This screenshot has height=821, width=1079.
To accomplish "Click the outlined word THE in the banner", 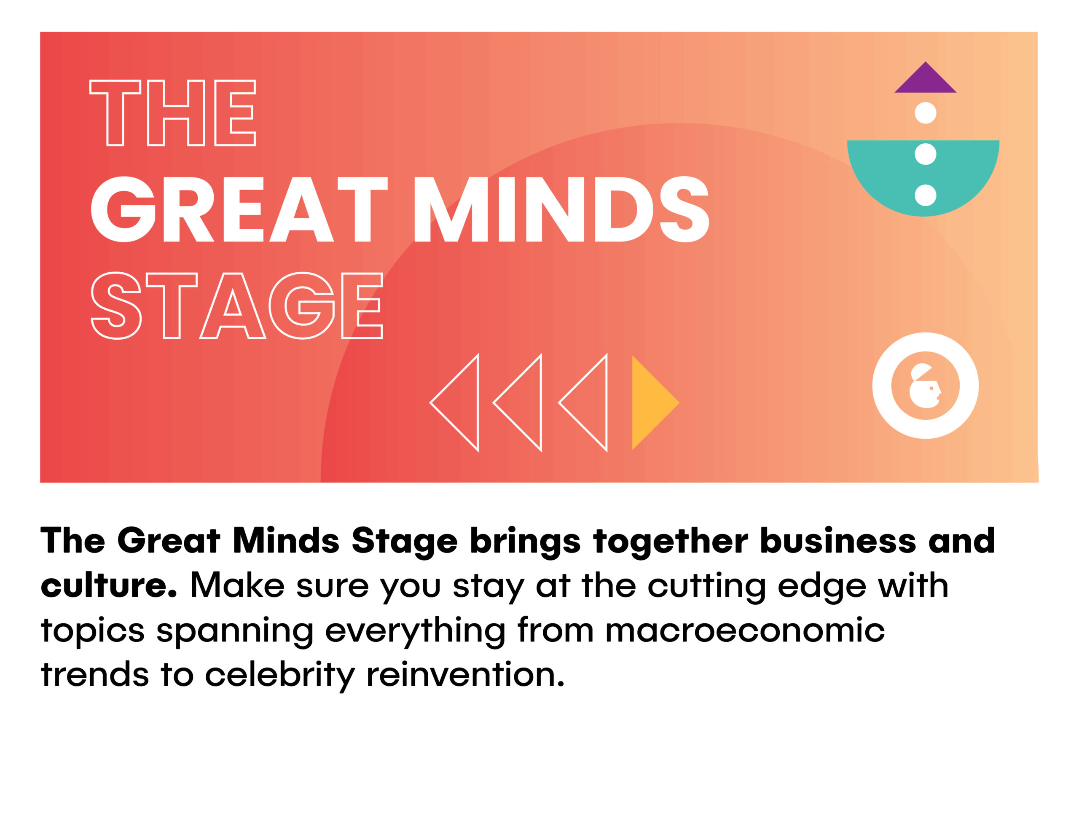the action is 172,113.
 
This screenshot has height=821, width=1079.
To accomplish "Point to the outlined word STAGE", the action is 236,306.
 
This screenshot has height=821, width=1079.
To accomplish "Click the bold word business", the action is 837,540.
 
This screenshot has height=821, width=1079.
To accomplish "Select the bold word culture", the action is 108,585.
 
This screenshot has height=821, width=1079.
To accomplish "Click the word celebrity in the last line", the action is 279,675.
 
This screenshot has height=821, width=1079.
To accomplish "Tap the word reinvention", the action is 465,674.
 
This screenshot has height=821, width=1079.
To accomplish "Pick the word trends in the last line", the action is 95,674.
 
